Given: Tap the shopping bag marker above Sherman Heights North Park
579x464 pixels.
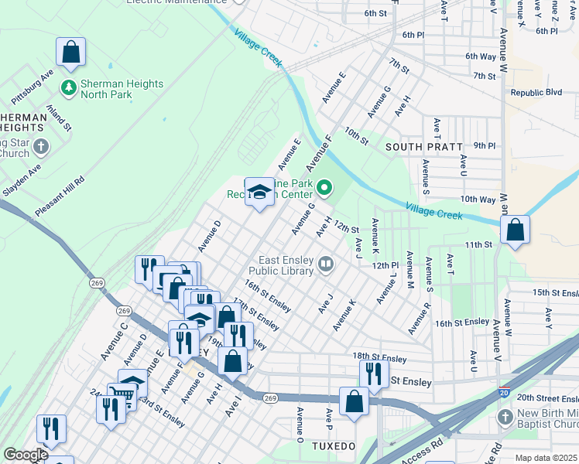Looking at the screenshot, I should pos(70,53).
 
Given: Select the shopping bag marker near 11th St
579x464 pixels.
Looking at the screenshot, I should pos(515,230).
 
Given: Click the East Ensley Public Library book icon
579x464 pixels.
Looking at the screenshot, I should pos(326,265).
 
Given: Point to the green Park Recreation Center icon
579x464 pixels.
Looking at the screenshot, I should pos(325,187).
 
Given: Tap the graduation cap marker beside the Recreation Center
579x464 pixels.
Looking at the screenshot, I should pos(260,192).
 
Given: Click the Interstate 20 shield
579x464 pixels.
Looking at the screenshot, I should pos(505,394).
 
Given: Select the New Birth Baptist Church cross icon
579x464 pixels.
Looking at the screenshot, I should pos(505,418).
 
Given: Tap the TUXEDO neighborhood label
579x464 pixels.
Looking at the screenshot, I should pos(333,447).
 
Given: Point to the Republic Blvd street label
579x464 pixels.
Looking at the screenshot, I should pos(536,92).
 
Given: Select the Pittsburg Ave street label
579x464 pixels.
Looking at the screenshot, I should pos(32,90).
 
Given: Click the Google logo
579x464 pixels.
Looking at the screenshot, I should pos(26,455).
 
